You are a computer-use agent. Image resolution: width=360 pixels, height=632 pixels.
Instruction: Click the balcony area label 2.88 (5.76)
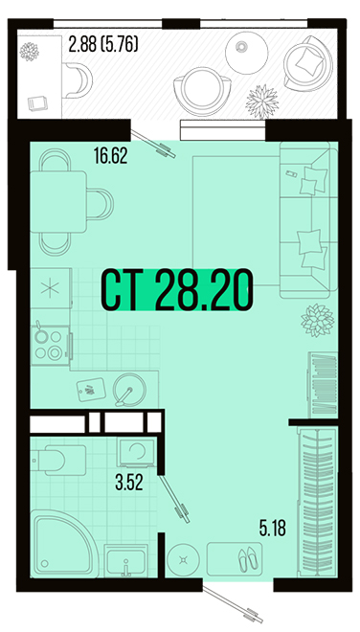[103, 44]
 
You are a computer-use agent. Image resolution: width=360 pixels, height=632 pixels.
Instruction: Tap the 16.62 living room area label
[110, 155]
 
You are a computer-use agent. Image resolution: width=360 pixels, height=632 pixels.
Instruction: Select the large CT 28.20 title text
[177, 290]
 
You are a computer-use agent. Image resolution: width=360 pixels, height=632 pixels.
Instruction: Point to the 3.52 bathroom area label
[129, 482]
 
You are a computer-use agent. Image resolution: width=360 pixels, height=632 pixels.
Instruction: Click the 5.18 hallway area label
[273, 528]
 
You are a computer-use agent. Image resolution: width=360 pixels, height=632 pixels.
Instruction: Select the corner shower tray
[64, 543]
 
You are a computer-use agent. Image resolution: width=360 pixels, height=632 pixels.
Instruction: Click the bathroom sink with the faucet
[125, 560]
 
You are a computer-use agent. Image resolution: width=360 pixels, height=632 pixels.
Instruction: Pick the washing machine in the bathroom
[136, 453]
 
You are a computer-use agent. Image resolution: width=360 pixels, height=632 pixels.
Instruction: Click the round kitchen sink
[129, 390]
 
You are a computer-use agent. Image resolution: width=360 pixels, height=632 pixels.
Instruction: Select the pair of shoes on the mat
[248, 559]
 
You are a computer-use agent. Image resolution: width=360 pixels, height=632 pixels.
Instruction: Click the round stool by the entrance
[184, 559]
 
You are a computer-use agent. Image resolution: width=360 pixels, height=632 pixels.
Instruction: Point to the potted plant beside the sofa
[318, 321]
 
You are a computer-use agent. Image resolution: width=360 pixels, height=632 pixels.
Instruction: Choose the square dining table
[58, 201]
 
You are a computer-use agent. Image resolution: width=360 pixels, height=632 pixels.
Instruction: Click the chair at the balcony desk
[78, 80]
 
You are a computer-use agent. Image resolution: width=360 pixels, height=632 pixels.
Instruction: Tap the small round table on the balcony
[246, 53]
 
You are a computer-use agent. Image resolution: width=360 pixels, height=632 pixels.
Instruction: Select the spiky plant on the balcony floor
[262, 101]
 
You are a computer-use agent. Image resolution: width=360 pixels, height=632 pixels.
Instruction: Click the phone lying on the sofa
[291, 173]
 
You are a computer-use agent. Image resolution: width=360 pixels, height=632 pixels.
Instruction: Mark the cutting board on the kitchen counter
[91, 390]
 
